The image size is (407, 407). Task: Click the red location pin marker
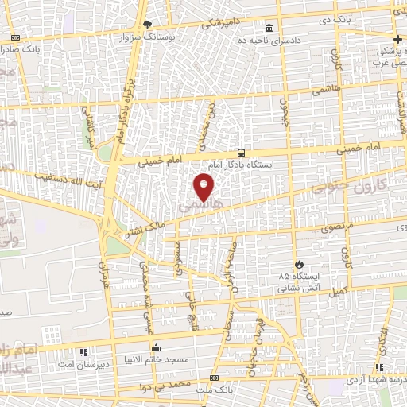click(204, 187)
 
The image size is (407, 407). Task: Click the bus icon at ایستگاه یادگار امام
click(241, 153)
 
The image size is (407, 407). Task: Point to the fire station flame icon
click(298, 264)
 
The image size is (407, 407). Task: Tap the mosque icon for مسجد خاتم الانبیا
click(156, 348)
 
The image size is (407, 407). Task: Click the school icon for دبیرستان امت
click(83, 351)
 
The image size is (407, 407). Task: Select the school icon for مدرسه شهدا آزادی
click(380, 366)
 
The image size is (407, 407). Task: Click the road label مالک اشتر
click(139, 230)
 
